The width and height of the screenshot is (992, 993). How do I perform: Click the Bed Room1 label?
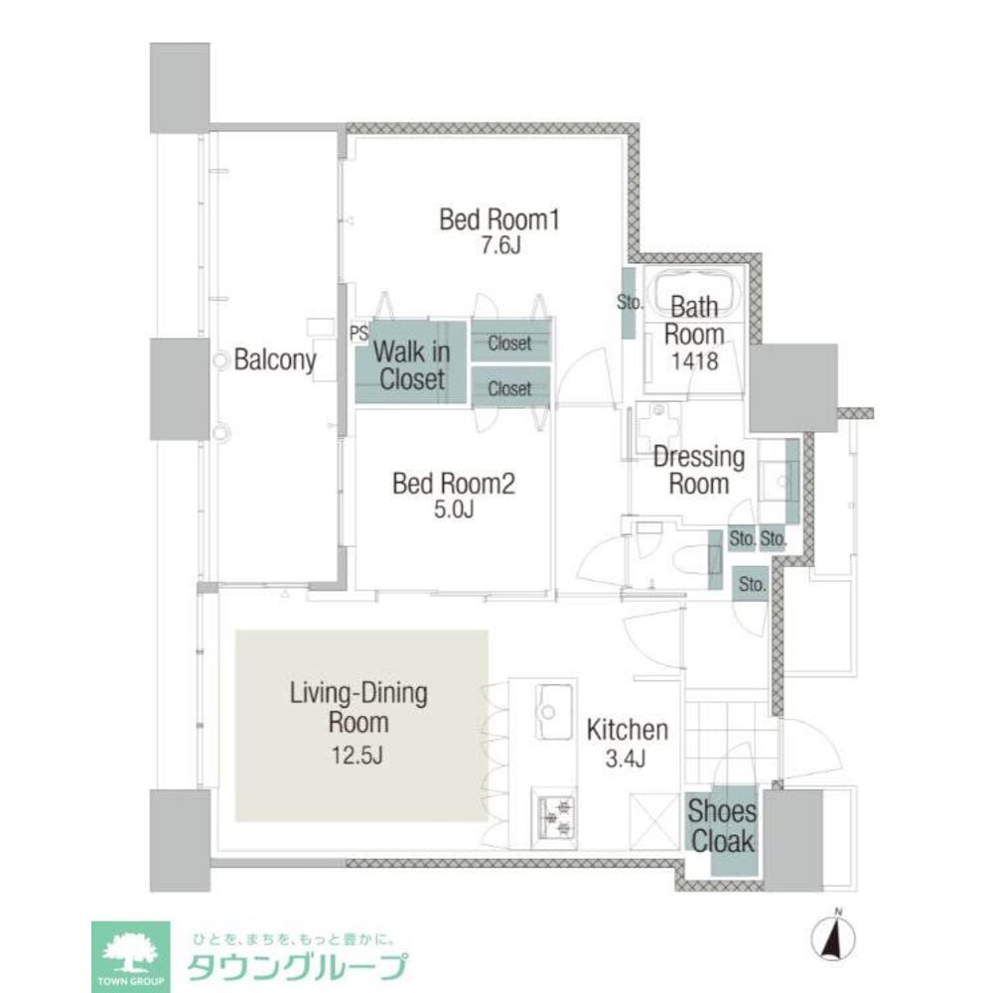(499, 219)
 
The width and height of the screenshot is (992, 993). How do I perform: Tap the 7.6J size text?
(499, 246)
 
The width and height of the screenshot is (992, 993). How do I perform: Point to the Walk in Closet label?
(411, 364)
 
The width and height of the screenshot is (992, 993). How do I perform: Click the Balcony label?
(275, 360)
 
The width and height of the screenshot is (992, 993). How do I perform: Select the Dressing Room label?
(698, 471)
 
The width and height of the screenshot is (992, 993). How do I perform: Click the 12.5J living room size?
(359, 755)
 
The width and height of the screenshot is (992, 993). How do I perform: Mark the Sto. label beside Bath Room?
(630, 303)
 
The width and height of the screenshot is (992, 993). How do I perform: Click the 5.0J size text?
(454, 510)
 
